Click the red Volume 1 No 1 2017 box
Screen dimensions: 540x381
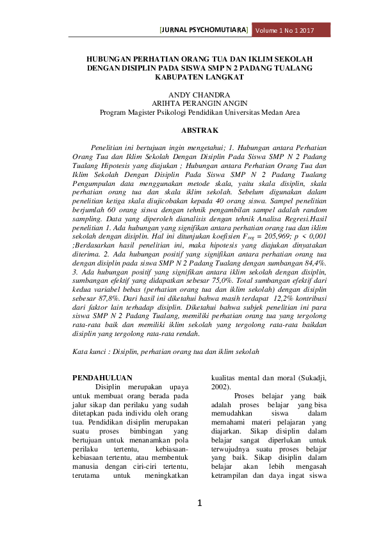click(291, 30)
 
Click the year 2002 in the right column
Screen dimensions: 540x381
click(220, 388)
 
